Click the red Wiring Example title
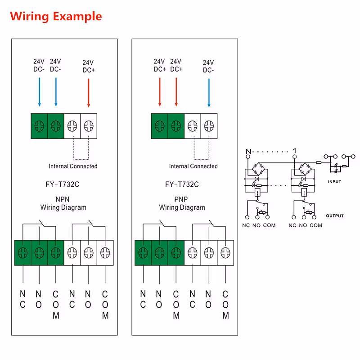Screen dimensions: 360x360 coord(56,17)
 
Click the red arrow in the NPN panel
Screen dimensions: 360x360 coord(89,93)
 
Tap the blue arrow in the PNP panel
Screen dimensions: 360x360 coord(209,93)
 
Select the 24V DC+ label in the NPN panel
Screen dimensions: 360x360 coord(89,66)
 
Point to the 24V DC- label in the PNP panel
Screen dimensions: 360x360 coord(208,66)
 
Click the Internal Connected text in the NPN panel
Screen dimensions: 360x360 coord(73,166)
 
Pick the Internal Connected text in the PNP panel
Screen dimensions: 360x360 coord(193,166)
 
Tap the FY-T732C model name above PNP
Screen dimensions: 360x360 coord(182,184)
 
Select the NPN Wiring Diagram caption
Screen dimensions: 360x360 coord(63,203)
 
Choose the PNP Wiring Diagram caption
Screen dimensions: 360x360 coord(182,203)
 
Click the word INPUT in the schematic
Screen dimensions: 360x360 coord(334,182)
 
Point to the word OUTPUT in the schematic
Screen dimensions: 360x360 coord(334,216)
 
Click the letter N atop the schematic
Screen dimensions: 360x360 coord(247,150)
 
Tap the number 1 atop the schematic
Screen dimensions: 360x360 coord(294,150)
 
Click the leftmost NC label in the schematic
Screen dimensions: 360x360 coord(245,225)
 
